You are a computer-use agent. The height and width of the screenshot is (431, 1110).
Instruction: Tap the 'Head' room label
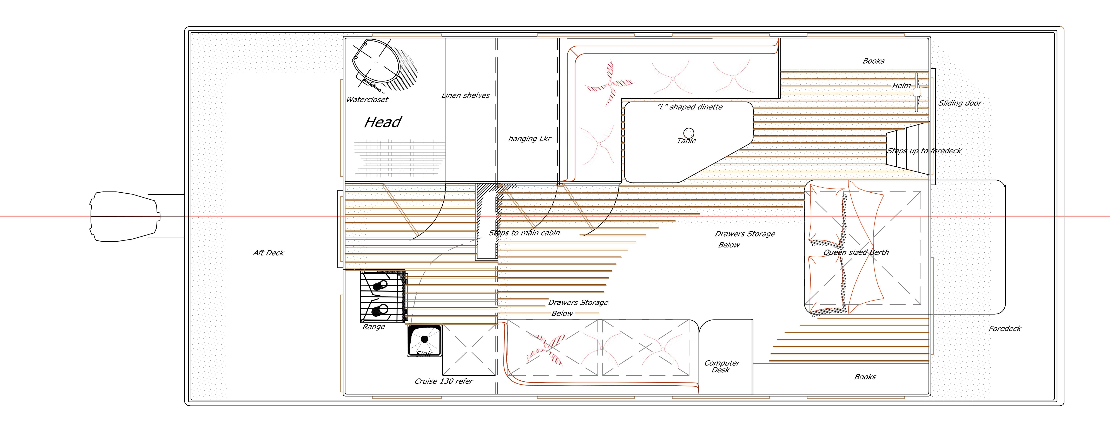pos(383,123)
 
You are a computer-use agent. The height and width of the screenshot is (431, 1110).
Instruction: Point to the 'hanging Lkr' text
pos(530,139)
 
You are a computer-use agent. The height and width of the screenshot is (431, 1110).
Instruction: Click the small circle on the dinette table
pos(689,133)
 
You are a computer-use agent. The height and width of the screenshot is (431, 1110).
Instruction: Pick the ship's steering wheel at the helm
pos(917,93)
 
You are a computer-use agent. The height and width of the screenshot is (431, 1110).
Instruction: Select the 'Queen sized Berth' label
pos(856,252)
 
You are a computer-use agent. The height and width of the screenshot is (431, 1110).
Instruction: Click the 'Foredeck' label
pos(1005,329)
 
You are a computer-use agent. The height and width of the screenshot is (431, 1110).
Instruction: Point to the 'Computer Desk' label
pos(722,366)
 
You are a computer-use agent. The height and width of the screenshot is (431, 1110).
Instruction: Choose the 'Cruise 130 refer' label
pos(443,381)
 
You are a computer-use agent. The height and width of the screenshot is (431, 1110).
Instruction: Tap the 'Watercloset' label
pos(367,100)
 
